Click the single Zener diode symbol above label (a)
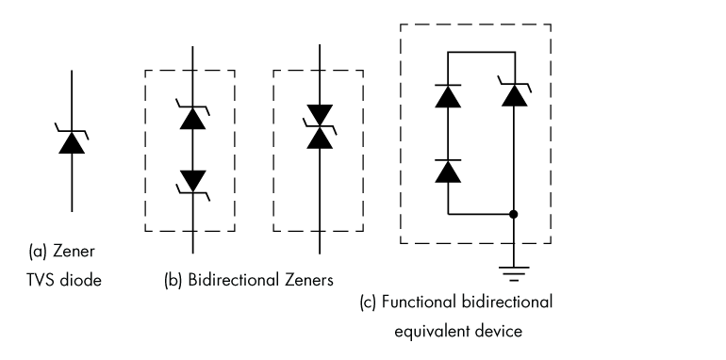pos(72,141)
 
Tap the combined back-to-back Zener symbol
pos(317,130)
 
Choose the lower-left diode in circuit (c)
pos(448,171)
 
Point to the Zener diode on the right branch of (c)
pos(513,94)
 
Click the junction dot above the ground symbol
pos(513,214)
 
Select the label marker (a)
pos(38,252)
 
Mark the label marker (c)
pos(370,303)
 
